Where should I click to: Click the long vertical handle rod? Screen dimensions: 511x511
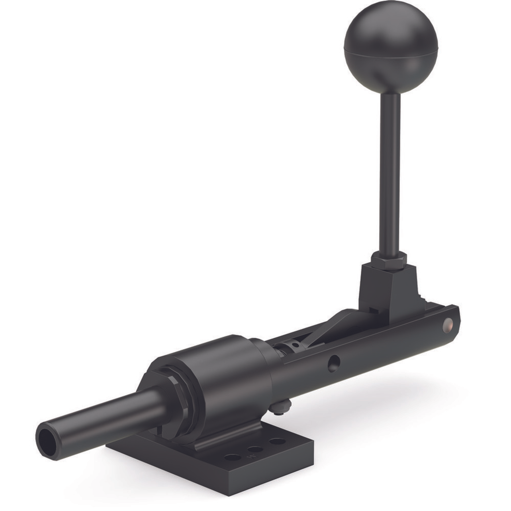[391, 170]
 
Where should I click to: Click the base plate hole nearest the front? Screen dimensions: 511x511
[233, 457]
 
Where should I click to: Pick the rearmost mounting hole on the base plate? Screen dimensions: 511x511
[277, 442]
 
